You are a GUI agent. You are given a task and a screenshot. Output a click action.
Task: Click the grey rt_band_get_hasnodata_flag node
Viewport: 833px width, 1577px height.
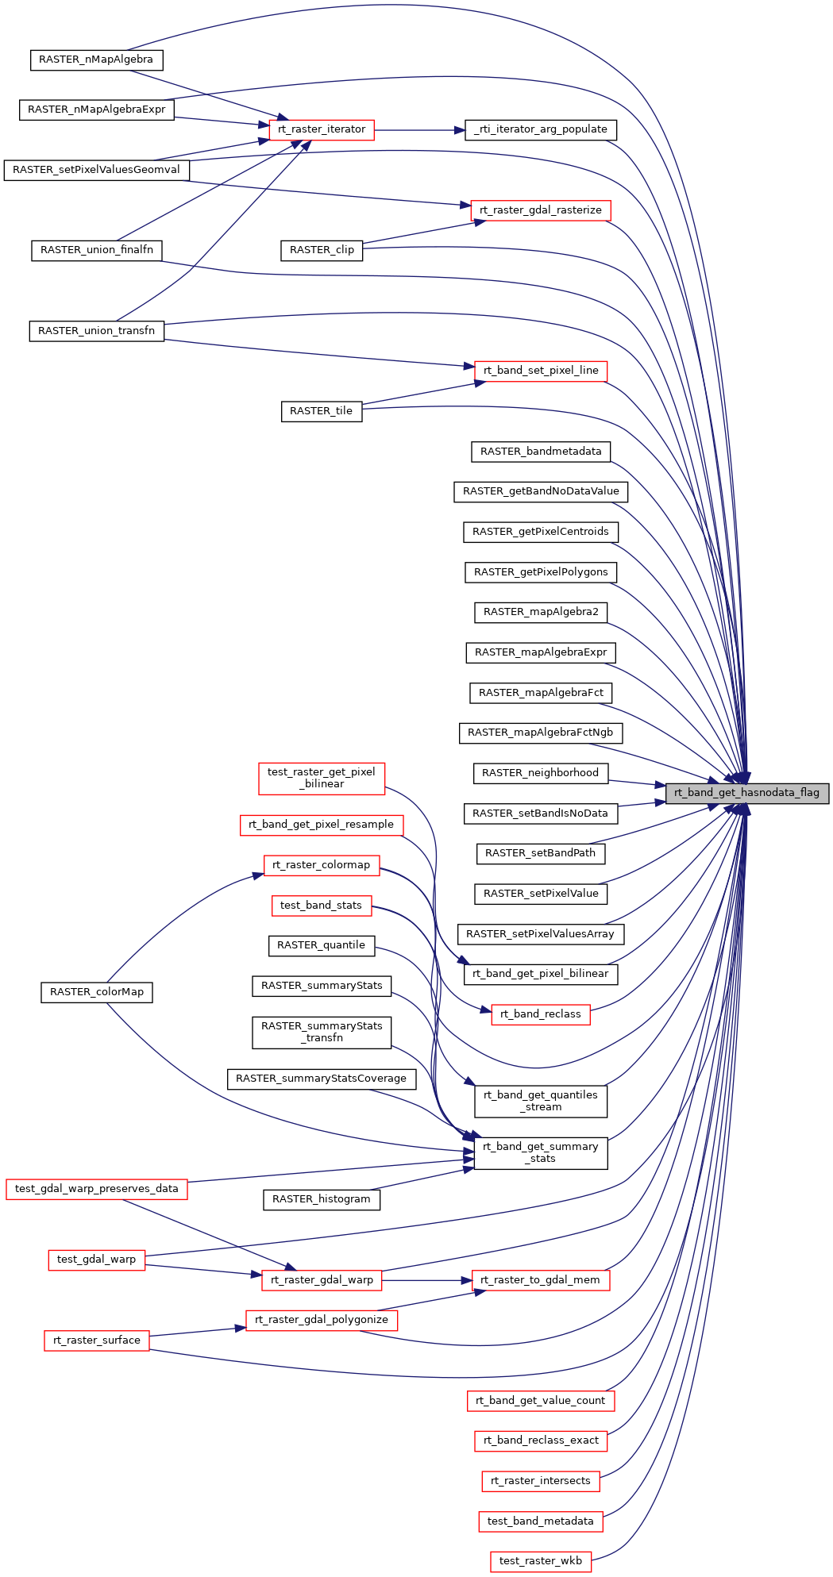pyautogui.click(x=746, y=793)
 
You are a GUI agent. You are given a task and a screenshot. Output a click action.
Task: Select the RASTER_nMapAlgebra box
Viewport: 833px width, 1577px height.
pyautogui.click(x=96, y=60)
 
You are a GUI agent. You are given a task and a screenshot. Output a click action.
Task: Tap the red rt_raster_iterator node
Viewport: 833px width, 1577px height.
pyautogui.click(x=322, y=129)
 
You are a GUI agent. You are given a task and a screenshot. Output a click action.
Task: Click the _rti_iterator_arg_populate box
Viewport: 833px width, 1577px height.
pyautogui.click(x=540, y=129)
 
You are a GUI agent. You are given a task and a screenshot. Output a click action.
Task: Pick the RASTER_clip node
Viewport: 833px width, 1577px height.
pyautogui.click(x=322, y=250)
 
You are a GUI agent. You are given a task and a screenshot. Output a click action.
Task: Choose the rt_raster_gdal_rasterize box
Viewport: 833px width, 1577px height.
pyautogui.click(x=541, y=210)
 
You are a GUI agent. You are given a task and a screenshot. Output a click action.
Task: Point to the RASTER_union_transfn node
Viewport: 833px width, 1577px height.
pyautogui.click(x=96, y=331)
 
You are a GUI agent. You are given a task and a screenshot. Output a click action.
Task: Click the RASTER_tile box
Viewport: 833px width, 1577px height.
pyautogui.click(x=322, y=411)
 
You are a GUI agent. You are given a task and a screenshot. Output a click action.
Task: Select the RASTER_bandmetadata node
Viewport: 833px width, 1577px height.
pyautogui.click(x=541, y=452)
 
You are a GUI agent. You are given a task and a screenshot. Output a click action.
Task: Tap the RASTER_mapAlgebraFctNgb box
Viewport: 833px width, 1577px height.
pyautogui.click(x=540, y=733)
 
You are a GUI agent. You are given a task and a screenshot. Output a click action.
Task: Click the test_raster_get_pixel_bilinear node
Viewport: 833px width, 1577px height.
pyautogui.click(x=322, y=778)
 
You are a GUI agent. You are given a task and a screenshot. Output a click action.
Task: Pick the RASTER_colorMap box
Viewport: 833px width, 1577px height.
pyautogui.click(x=97, y=992)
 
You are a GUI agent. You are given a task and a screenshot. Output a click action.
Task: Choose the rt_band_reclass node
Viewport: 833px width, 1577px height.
pyautogui.click(x=541, y=1014)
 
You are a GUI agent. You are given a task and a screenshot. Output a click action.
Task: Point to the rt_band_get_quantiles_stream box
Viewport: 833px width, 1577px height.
pyautogui.click(x=541, y=1101)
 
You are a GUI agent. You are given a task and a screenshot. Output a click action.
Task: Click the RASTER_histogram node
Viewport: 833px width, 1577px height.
pyautogui.click(x=322, y=1199)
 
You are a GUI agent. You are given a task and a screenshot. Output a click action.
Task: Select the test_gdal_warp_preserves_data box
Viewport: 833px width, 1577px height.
pyautogui.click(x=96, y=1189)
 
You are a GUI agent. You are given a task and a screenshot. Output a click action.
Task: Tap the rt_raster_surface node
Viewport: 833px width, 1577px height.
pyautogui.click(x=97, y=1340)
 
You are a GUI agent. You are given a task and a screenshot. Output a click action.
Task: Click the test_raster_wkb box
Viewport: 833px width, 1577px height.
pyautogui.click(x=541, y=1561)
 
